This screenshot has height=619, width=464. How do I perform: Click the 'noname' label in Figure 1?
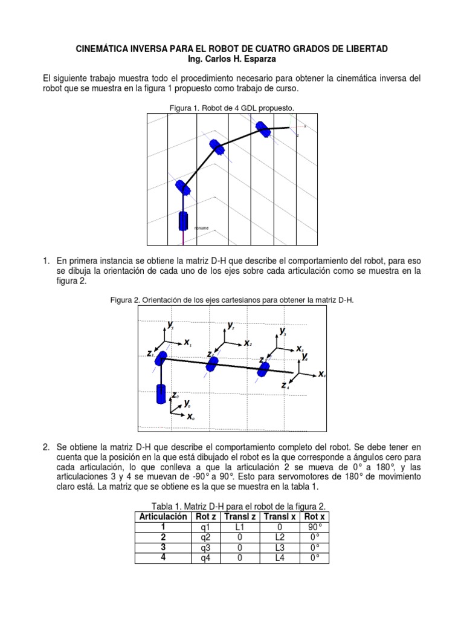point(202,228)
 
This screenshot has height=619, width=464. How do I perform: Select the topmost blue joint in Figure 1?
point(263,129)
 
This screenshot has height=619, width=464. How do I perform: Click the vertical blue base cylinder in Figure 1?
point(183,220)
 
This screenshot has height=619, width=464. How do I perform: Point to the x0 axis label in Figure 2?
point(190,416)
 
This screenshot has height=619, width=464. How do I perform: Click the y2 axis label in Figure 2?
point(231,326)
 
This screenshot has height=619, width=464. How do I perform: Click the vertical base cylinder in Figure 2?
point(161,394)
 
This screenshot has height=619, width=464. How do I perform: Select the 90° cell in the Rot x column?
point(312,527)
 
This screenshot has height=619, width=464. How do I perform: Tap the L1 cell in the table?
point(240,527)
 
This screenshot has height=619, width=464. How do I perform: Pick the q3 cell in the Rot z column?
point(204,548)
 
